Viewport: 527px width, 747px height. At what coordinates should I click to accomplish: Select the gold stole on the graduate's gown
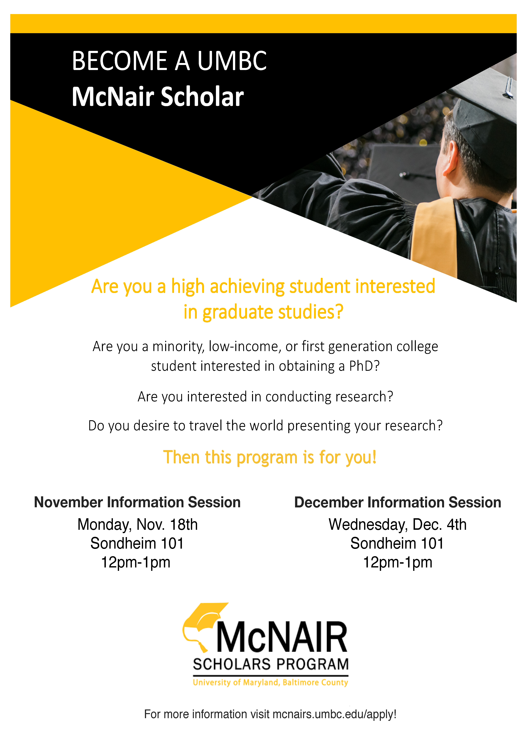click(434, 237)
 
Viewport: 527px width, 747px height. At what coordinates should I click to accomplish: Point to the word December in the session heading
click(329, 502)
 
